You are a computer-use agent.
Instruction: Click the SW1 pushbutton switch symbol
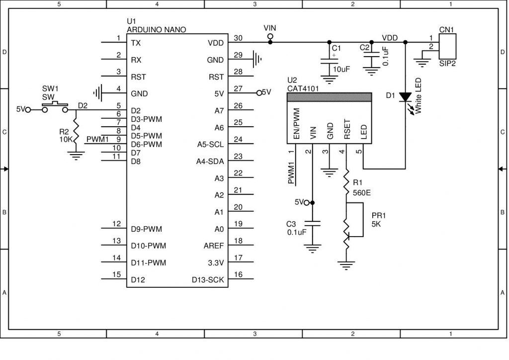coord(55,107)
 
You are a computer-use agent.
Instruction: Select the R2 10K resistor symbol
coord(76,131)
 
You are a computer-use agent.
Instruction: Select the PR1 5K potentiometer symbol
coord(346,234)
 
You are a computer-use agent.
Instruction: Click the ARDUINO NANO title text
coord(157,30)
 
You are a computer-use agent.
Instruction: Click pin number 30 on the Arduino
coord(238,38)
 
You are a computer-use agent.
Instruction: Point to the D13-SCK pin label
coord(208,280)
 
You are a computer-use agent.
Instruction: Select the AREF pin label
coord(214,246)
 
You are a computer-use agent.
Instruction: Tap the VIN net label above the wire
coord(270,28)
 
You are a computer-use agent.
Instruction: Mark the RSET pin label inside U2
coord(346,129)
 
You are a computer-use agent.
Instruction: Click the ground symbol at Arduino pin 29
coord(256,59)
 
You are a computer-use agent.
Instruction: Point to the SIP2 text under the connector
coord(447,64)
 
